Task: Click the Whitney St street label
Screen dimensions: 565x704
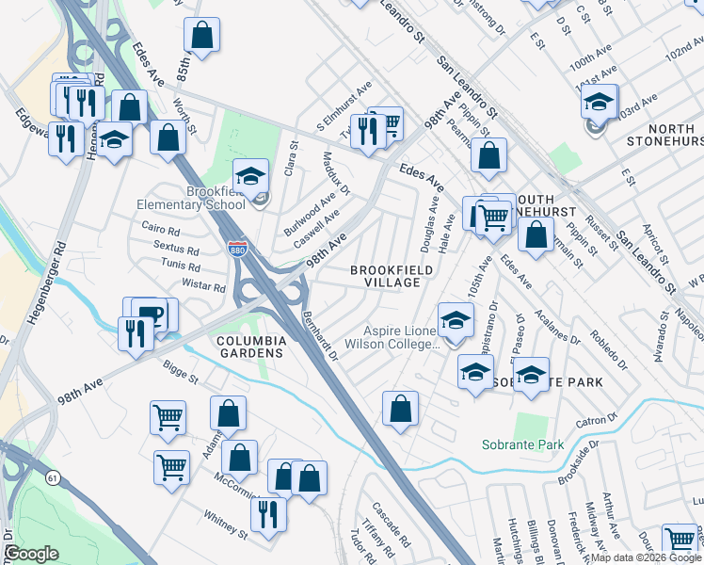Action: (x=225, y=524)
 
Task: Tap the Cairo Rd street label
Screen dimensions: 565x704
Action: (x=160, y=230)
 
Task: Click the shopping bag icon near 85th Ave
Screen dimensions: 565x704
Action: (x=202, y=36)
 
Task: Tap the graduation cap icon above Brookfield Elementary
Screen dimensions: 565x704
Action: (x=251, y=175)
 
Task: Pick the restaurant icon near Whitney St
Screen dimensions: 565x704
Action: (x=268, y=513)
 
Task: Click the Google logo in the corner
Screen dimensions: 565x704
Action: (x=31, y=553)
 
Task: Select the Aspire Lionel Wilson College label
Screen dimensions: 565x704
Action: (x=402, y=337)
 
